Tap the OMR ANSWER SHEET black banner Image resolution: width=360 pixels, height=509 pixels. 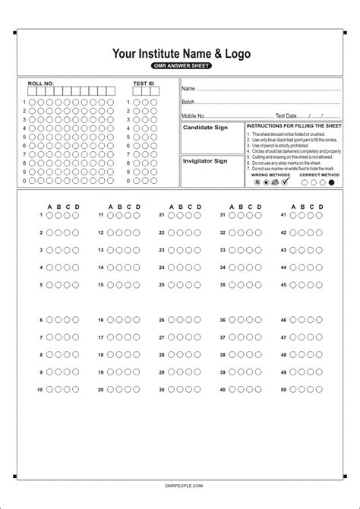point(180,66)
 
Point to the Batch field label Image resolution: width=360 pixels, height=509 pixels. point(188,102)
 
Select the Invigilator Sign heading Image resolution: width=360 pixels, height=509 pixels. point(204,161)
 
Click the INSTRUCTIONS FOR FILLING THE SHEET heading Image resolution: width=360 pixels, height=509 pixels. point(293,125)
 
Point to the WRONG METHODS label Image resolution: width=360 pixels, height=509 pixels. point(267,175)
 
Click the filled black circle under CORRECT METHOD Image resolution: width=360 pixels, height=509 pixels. point(330,183)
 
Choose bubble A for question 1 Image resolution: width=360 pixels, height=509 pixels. point(49,215)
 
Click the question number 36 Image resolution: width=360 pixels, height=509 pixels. point(223,320)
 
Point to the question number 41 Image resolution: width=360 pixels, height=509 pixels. point(283,215)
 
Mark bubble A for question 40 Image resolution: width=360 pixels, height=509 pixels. point(232,389)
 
